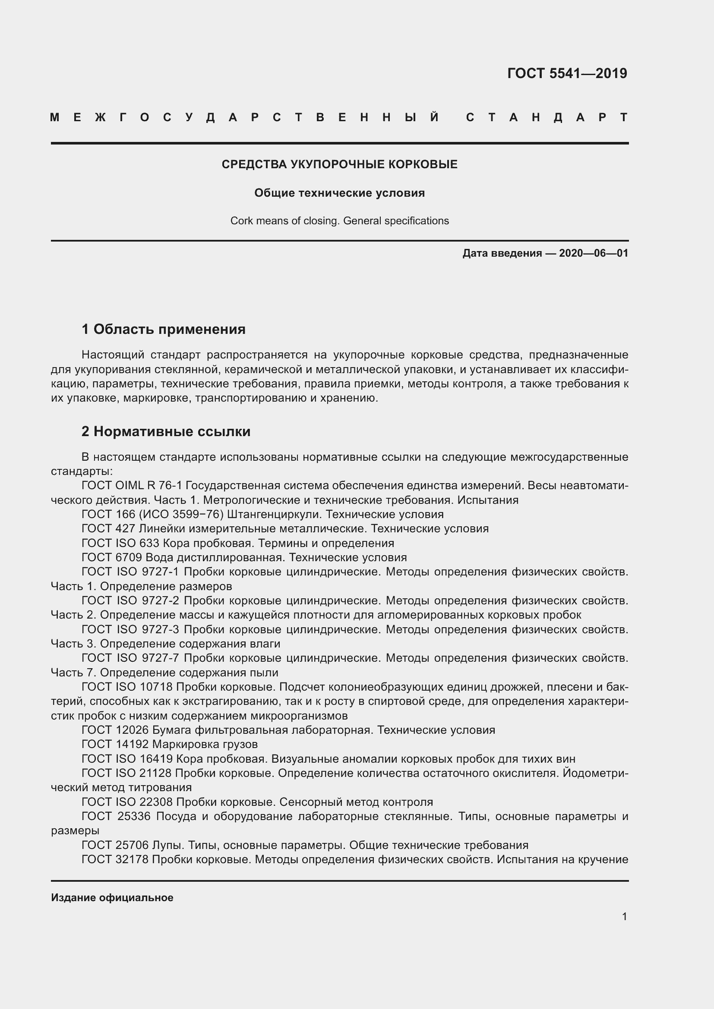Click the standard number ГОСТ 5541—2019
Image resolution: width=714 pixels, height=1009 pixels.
(x=567, y=73)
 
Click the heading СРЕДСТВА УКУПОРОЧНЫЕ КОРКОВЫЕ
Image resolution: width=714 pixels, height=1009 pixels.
(x=339, y=164)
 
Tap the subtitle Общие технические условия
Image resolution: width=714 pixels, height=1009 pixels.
(x=339, y=193)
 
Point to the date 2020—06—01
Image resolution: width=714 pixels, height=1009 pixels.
(x=594, y=253)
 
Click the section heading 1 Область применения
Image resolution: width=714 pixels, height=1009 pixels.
(x=164, y=329)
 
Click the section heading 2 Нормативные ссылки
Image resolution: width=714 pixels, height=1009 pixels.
(x=166, y=431)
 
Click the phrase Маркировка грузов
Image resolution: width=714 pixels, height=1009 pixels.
(x=205, y=745)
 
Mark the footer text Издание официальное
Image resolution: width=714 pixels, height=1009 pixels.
(x=112, y=898)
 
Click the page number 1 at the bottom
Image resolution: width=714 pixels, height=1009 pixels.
(x=624, y=917)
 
